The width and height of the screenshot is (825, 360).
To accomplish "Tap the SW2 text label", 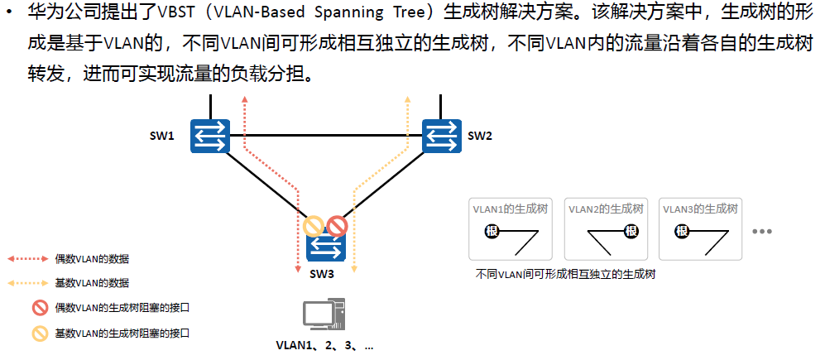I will [480, 136].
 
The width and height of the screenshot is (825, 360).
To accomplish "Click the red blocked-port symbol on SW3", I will [336, 225].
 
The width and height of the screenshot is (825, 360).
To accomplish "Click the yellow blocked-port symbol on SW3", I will [313, 225].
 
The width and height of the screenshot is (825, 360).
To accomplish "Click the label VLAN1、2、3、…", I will [324, 345].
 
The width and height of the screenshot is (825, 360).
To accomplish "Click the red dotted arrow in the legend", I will [29, 259].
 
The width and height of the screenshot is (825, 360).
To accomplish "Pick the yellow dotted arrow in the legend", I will [29, 283].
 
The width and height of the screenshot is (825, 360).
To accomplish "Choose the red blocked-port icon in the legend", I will [39, 309].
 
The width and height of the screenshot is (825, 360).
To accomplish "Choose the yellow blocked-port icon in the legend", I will [39, 334].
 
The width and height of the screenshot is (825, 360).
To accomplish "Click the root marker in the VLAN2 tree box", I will [631, 233].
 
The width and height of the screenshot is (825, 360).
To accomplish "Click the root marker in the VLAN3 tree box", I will [683, 233].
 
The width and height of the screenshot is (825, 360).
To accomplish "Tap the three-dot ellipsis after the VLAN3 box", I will [761, 232].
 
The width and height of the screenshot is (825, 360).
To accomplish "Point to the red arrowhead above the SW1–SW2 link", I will [245, 98].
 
